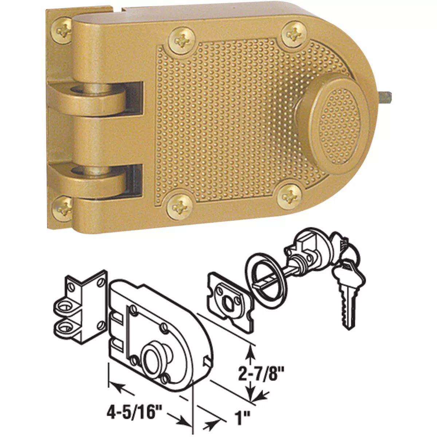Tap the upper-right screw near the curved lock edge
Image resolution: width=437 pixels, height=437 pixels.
pyautogui.click(x=293, y=34)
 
